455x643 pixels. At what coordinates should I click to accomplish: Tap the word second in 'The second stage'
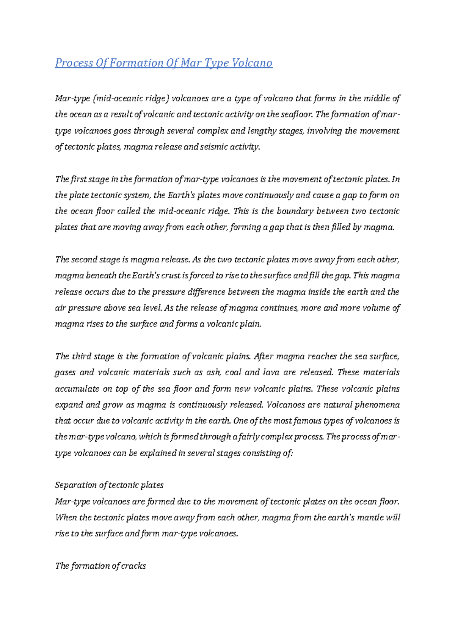pos(84,260)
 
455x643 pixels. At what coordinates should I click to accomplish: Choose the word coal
pos(233,372)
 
